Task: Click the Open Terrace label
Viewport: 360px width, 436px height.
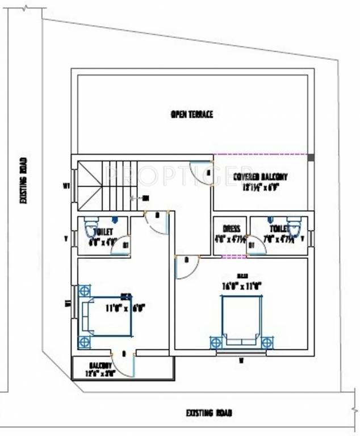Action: (x=191, y=115)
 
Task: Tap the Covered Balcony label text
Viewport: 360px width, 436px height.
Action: (x=260, y=177)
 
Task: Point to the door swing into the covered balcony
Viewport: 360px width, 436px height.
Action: (x=202, y=173)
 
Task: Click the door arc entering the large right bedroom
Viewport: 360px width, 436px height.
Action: (x=186, y=267)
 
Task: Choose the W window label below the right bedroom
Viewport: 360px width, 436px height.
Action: (x=241, y=360)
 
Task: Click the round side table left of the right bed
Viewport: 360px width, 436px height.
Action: (x=216, y=342)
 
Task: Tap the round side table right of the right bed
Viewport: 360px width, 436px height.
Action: (x=266, y=342)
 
